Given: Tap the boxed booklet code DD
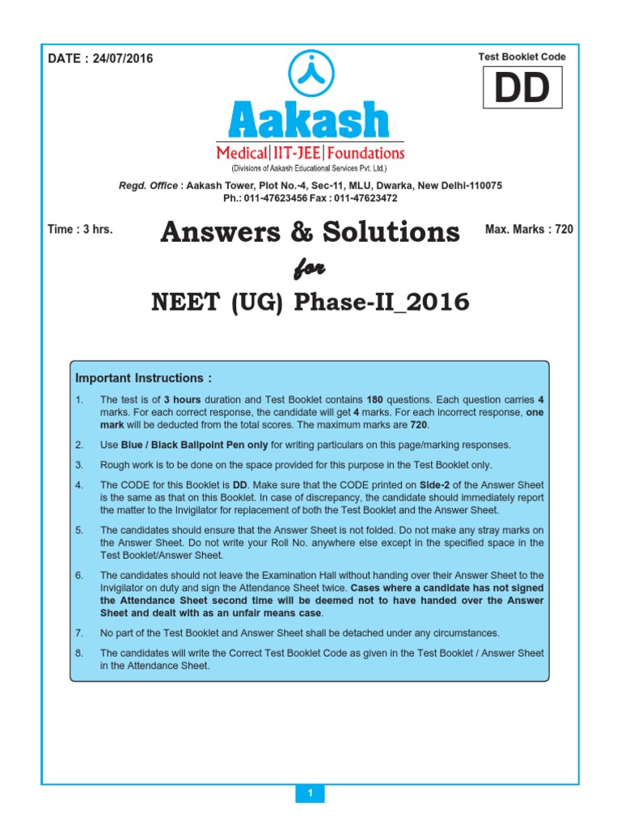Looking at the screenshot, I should pyautogui.click(x=522, y=88).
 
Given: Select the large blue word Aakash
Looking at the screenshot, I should pyautogui.click(x=310, y=120).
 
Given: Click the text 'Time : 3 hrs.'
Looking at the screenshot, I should pyautogui.click(x=80, y=230).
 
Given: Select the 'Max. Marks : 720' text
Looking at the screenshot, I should pyautogui.click(x=529, y=230).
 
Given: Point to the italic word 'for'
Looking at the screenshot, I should pyautogui.click(x=310, y=268).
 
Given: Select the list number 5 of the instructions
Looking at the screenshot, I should pyautogui.click(x=79, y=530).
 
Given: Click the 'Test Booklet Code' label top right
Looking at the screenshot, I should pyautogui.click(x=522, y=57).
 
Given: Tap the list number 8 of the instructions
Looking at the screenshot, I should pyautogui.click(x=79, y=653).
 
